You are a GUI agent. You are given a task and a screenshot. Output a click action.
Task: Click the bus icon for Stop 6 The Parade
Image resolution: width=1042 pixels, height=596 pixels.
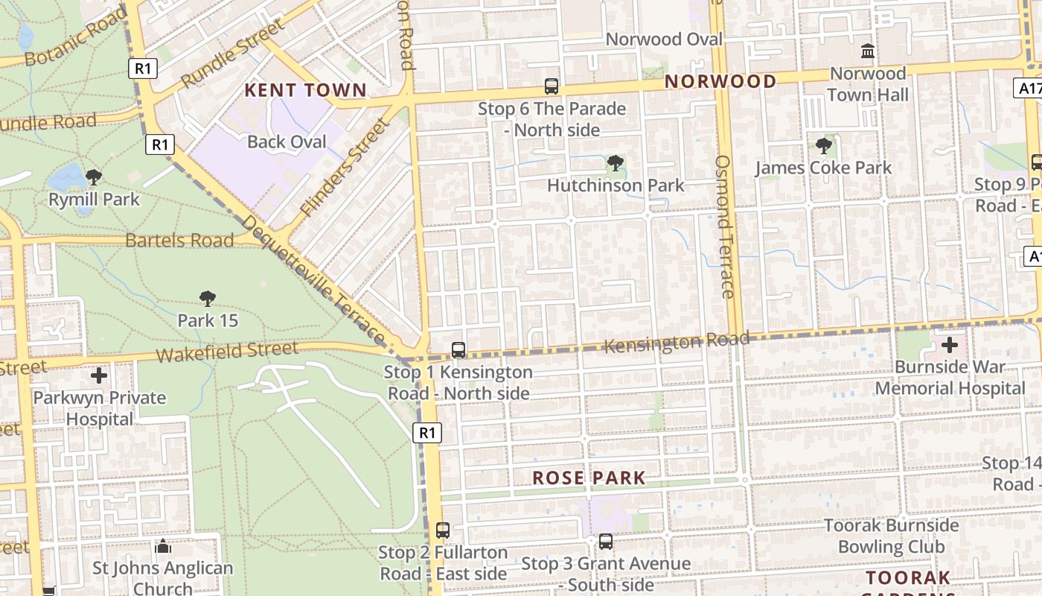pyautogui.click(x=551, y=86)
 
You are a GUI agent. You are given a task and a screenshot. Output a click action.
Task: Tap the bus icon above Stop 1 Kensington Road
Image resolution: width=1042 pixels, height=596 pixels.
pyautogui.click(x=458, y=349)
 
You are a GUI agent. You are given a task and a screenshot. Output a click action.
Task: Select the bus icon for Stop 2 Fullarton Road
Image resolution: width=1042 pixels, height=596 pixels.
pyautogui.click(x=443, y=530)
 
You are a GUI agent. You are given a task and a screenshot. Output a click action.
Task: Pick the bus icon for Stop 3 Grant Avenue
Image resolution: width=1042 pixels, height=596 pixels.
pyautogui.click(x=606, y=542)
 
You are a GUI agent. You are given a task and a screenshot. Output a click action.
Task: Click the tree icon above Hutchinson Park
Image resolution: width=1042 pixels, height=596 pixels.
pyautogui.click(x=615, y=163)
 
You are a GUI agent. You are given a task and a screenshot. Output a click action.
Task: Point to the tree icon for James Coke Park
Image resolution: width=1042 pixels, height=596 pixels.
pyautogui.click(x=823, y=146)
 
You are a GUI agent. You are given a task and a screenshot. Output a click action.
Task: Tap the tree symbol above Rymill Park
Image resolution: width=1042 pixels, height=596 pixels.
pyautogui.click(x=94, y=177)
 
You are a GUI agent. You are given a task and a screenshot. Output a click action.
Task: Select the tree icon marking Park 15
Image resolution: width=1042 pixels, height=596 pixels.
pyautogui.click(x=208, y=299)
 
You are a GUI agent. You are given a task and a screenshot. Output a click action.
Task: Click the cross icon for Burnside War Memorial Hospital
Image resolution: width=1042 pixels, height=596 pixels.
pyautogui.click(x=950, y=345)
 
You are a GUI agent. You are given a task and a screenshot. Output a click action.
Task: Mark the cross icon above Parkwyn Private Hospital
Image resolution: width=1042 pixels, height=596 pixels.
pyautogui.click(x=98, y=375)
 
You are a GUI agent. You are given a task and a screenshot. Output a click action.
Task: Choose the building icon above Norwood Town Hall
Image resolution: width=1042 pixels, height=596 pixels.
pyautogui.click(x=868, y=51)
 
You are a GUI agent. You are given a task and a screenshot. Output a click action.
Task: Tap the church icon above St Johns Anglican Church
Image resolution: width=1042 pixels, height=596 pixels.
pyautogui.click(x=163, y=547)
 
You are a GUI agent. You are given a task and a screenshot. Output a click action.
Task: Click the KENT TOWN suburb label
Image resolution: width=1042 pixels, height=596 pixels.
pyautogui.click(x=306, y=91)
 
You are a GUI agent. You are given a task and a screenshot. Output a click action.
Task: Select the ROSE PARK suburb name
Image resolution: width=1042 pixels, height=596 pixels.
pyautogui.click(x=589, y=478)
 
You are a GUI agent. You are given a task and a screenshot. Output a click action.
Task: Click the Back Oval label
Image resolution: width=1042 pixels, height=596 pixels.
pyautogui.click(x=287, y=142)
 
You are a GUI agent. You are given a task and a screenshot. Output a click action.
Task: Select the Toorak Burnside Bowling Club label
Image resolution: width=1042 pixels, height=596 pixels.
pyautogui.click(x=891, y=536)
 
